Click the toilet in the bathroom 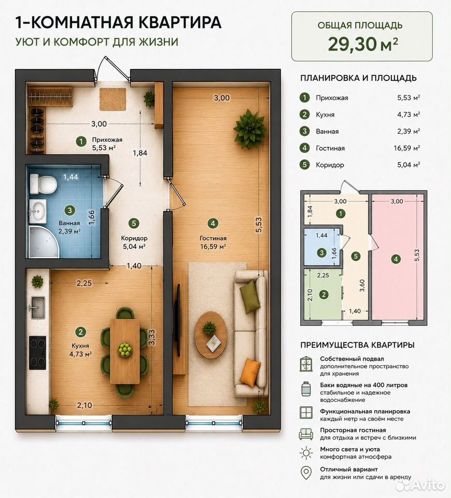pyautogui.click(x=43, y=183)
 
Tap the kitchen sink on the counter pyautogui.click(x=37, y=308)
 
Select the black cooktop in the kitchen pyautogui.click(x=37, y=353)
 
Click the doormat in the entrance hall pyautogui.click(x=112, y=100)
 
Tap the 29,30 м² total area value pyautogui.click(x=363, y=44)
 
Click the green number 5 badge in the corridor pyautogui.click(x=134, y=223)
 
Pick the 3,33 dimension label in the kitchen pyautogui.click(x=152, y=337)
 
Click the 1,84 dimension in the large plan pyautogui.click(x=140, y=153)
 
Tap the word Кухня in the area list pyautogui.click(x=325, y=115)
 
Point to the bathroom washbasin pyautogui.click(x=38, y=211)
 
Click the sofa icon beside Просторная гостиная pyautogui.click(x=306, y=434)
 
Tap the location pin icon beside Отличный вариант pyautogui.click(x=306, y=473)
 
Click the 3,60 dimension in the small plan pyautogui.click(x=362, y=285)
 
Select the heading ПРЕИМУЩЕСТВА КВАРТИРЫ pyautogui.click(x=357, y=345)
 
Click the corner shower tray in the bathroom pyautogui.click(x=44, y=241)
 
